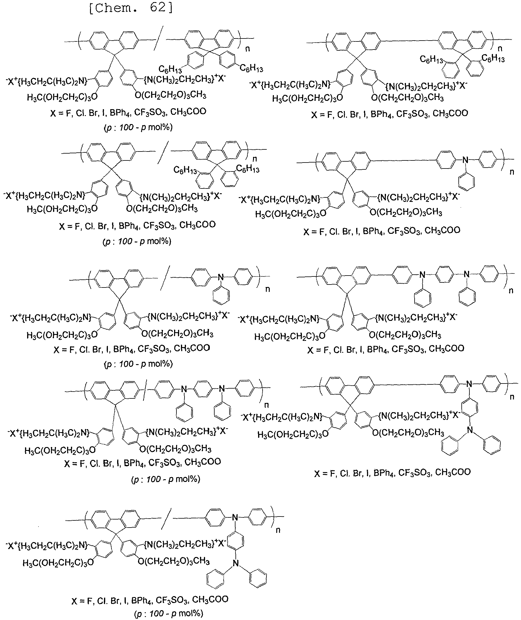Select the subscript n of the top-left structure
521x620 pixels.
pos(247,49)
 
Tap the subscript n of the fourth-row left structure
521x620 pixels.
pos(267,405)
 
